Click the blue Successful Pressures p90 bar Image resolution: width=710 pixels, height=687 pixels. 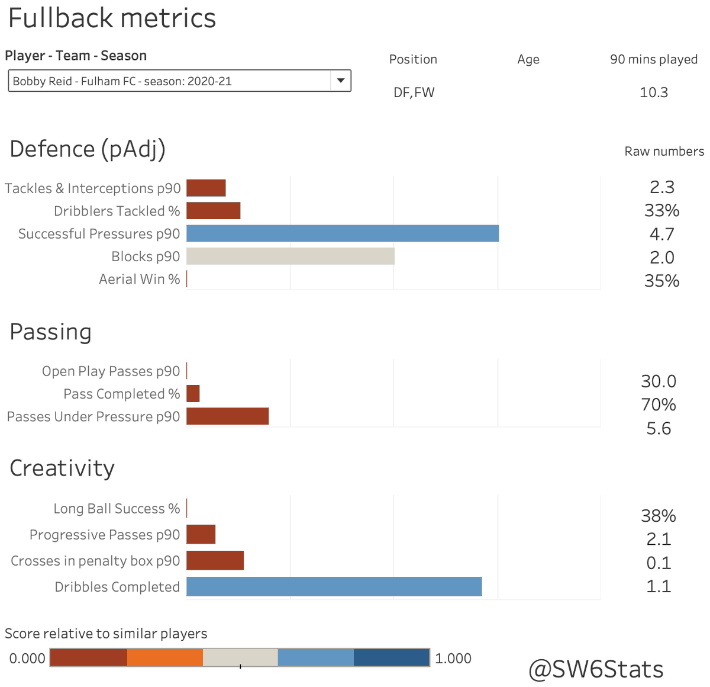coord(343,233)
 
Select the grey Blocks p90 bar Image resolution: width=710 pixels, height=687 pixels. coord(291,256)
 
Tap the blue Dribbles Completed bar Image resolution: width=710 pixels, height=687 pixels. coord(334,587)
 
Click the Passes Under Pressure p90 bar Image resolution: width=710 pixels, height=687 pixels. coord(228,416)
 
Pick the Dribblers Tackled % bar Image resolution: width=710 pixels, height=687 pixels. coord(214,211)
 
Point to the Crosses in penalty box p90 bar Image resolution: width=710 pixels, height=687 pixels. coord(215,560)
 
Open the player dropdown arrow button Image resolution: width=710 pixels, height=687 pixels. coord(340,81)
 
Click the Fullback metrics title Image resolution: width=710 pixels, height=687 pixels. coord(112,18)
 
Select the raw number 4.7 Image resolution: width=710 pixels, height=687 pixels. coord(661,234)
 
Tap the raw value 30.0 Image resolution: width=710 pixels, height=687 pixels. coord(659,381)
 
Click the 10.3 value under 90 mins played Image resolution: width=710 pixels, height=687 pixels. coord(654,92)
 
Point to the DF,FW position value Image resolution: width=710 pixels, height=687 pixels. coord(414,92)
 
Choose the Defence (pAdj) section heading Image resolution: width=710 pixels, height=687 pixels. coord(88,149)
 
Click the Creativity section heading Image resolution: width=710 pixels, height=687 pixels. coord(62,468)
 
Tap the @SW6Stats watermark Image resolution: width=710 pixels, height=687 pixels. coord(596,669)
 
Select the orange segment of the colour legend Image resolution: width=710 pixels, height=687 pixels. coord(165,657)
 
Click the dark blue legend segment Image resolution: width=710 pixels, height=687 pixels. coord(392,657)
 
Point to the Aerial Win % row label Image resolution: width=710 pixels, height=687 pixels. coord(139,279)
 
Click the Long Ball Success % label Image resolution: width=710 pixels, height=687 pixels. coord(117,509)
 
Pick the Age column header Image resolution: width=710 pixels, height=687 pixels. coord(528,59)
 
